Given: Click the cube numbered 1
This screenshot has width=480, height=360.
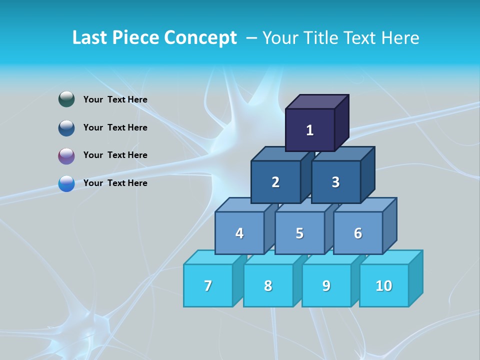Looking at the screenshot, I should pos(310,130).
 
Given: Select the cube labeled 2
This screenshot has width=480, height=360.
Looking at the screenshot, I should pos(275,182).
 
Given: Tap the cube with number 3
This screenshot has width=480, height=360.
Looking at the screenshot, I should pos(335,182).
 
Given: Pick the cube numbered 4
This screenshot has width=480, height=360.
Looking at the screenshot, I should pos(239,233).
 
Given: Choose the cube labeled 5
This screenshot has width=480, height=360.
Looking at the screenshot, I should pos(299,233).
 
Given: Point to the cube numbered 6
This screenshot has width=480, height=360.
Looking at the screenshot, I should pos(358,233).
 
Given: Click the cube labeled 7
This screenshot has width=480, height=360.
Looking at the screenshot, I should pos(208,285).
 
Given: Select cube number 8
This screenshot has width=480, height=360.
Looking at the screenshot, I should pos(268,285).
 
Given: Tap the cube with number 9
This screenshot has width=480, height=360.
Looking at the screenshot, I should pos(326,285).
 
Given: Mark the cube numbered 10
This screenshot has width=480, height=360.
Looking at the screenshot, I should pos(383,285).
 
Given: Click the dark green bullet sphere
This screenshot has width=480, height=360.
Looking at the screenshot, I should pos(66,99).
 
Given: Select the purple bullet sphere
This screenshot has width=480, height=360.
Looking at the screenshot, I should pos(66,156).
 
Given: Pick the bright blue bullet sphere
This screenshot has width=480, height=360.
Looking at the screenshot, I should pos(66,184).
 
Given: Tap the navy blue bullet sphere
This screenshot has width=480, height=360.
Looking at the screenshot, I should pos(66,128).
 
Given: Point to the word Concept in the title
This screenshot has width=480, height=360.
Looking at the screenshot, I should pos(200,37).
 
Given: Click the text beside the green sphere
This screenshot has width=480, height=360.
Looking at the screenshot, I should pos(115,99).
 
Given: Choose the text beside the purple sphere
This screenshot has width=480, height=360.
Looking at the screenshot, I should pos(115,155).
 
